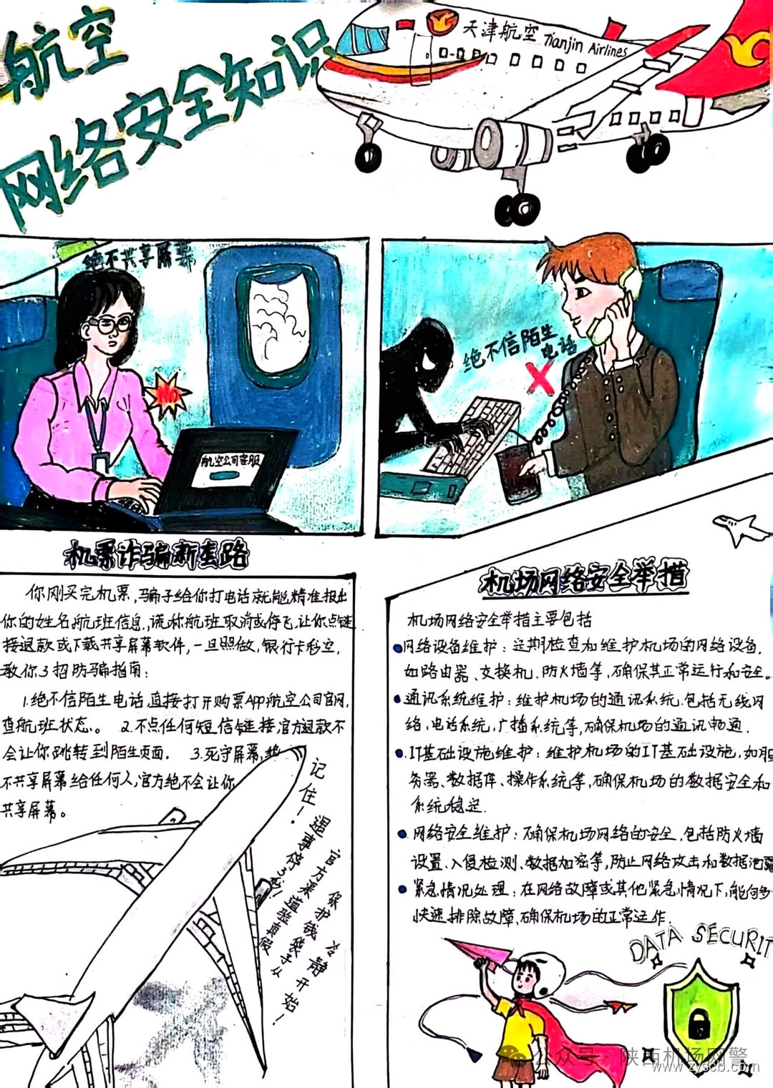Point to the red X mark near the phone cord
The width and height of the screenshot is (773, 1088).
540,378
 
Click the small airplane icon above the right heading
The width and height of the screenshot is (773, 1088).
742,529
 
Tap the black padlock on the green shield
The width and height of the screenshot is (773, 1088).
698,1023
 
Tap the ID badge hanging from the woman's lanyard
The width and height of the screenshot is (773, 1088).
100,464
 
